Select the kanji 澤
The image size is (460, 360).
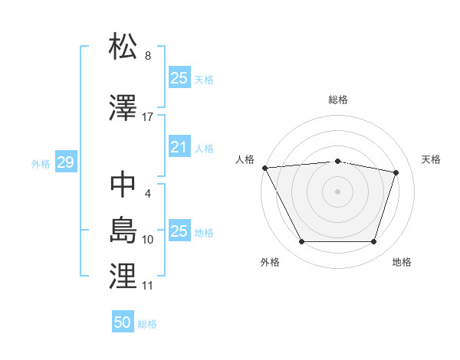click(123, 106)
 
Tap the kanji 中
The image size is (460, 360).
click(123, 185)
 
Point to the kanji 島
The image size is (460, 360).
click(123, 229)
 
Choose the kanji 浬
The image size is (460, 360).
click(123, 275)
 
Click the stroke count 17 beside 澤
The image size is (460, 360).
click(148, 117)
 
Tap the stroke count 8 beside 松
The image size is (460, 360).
click(148, 56)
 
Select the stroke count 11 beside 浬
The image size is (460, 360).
click(148, 286)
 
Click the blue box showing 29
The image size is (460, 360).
click(65, 163)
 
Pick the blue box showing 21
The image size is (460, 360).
click(179, 148)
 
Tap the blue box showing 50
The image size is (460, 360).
click(123, 322)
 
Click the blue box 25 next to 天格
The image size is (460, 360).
click(179, 78)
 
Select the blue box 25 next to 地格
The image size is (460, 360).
click(179, 231)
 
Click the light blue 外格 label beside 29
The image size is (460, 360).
click(41, 164)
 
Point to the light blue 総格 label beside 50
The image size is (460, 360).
click(147, 324)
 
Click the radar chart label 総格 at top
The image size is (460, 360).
click(338, 100)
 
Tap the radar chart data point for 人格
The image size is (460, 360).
click(264, 168)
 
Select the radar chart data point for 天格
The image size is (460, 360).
click(396, 172)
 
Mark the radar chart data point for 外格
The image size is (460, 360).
click(301, 242)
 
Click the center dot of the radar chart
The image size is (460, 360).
click(338, 191)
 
